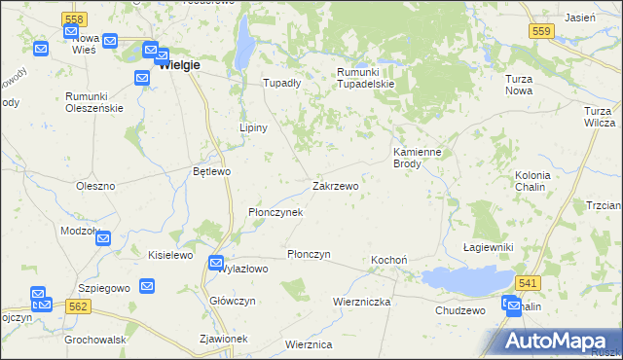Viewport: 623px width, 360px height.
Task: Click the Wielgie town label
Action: coord(178,65)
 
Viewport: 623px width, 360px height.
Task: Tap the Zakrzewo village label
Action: coord(336,185)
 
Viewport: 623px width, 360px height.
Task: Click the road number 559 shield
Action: coord(542,32)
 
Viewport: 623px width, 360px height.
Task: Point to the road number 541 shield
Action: coord(528,282)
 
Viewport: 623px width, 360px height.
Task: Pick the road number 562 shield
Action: coord(80,306)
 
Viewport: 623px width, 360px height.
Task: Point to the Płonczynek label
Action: coord(275,212)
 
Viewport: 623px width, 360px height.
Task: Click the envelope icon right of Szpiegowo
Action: coord(147,286)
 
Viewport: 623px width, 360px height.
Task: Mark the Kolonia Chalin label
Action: coord(532,181)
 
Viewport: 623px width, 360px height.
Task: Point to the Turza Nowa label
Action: coord(524,85)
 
